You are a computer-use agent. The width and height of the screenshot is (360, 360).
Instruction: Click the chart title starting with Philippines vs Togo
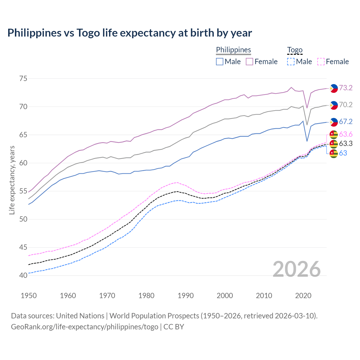130,33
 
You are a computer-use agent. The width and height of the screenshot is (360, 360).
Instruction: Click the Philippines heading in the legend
233,50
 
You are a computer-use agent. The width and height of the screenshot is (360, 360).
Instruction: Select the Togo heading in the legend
294,50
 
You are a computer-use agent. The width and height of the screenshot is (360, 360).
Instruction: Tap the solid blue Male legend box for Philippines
220,62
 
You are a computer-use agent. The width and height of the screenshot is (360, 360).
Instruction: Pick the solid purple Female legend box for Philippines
249,62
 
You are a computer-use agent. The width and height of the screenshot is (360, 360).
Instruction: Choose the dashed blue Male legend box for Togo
291,62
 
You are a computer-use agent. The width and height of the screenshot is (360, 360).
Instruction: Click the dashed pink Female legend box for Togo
321,62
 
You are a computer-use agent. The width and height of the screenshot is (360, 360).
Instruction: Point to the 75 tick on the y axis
23,78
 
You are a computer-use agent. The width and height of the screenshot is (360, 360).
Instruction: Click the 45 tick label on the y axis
23,247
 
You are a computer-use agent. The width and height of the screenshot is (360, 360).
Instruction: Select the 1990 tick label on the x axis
186,296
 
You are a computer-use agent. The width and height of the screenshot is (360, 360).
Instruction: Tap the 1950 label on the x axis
29,296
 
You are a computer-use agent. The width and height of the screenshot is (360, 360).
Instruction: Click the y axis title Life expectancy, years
12,180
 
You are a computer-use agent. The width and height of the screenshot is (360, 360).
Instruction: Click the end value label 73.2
346,88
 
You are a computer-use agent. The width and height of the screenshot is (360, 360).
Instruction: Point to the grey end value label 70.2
346,105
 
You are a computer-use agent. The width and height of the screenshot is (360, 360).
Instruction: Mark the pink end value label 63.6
346,134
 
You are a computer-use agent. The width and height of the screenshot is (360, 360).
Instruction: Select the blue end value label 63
343,153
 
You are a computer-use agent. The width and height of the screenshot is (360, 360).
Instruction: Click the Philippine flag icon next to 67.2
334,122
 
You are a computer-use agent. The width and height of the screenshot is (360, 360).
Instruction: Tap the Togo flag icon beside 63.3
334,144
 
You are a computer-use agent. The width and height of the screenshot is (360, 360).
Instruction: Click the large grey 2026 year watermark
296,269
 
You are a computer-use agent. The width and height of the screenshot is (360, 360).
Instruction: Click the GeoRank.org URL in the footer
84,327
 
